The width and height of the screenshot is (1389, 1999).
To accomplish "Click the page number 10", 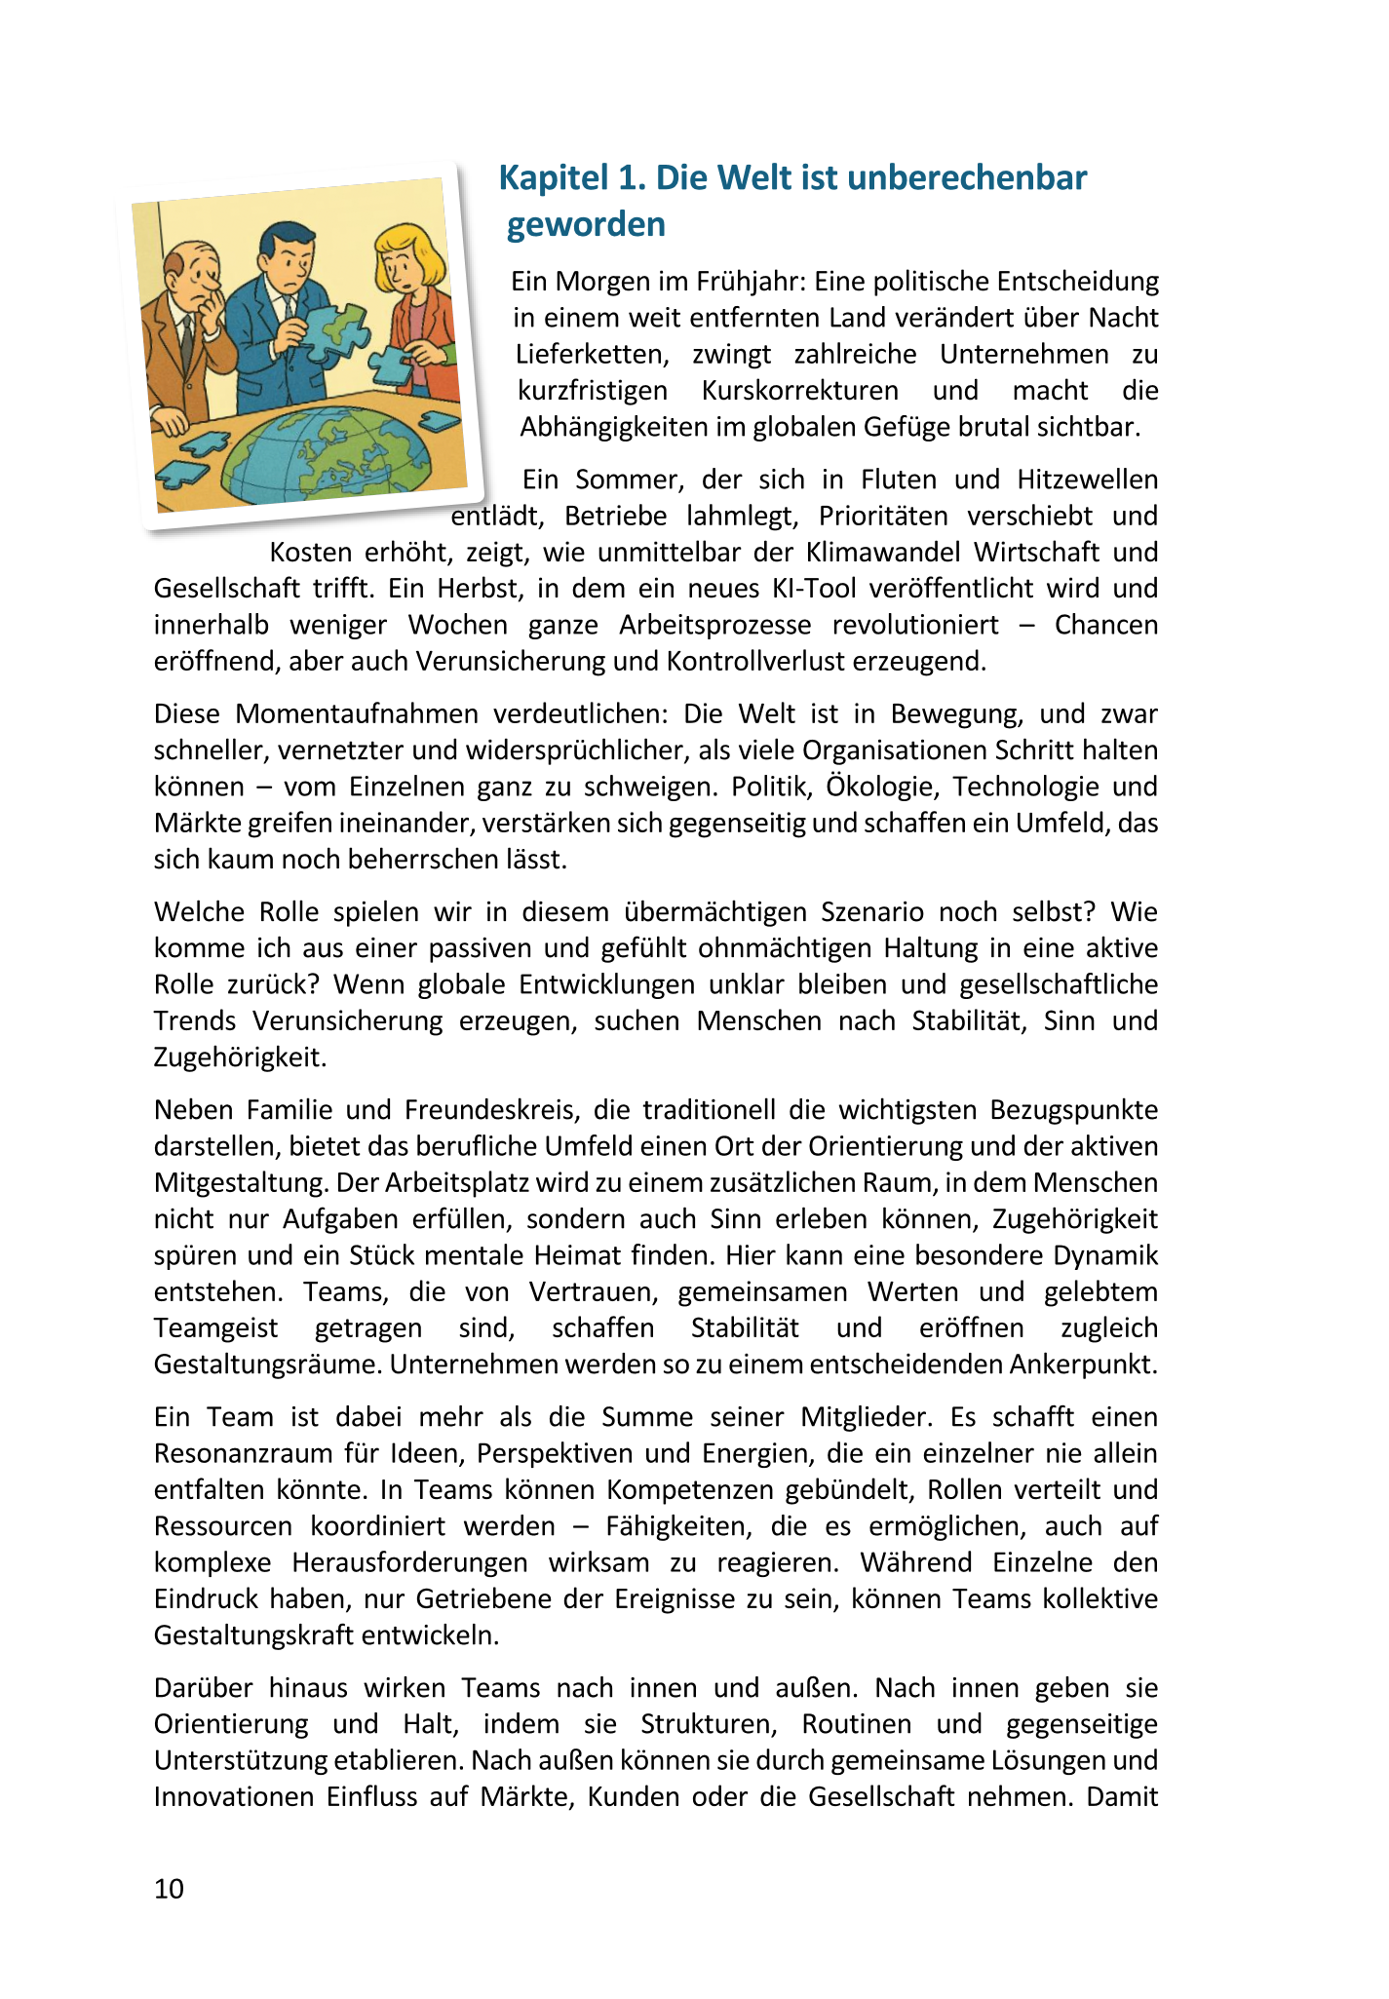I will tap(169, 1889).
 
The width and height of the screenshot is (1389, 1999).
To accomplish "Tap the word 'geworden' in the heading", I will tap(586, 225).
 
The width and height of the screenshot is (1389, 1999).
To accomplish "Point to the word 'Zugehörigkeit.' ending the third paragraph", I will tap(240, 1057).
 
